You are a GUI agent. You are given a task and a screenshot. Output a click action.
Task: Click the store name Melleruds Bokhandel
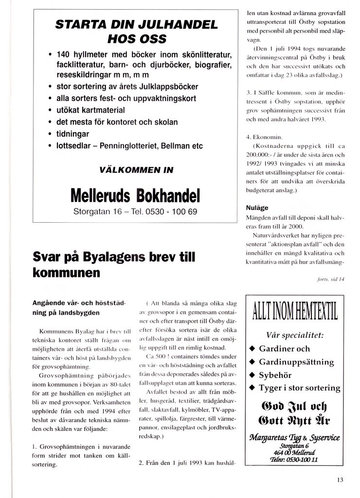point(135,194)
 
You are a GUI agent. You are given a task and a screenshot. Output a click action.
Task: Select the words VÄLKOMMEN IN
point(136,170)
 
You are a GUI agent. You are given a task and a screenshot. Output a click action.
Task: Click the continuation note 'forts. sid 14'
point(334,279)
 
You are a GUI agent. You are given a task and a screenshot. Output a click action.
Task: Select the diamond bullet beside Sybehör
point(252,375)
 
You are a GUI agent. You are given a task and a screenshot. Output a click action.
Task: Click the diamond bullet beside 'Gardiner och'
point(252,349)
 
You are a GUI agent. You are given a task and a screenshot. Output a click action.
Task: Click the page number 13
point(340,480)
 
